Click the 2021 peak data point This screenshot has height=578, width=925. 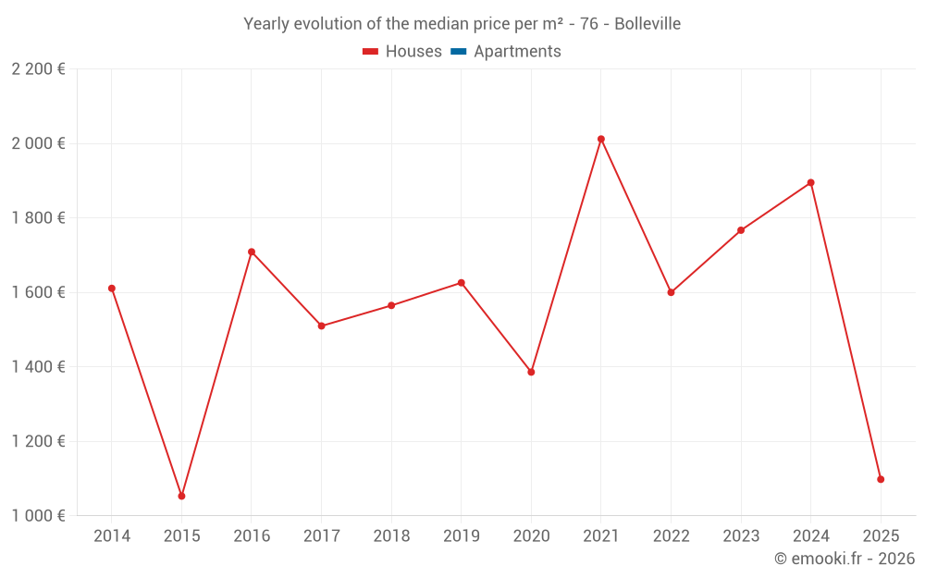click(601, 139)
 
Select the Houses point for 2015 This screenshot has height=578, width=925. click(181, 497)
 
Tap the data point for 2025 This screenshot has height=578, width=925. click(881, 479)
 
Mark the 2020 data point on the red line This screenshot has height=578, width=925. click(531, 372)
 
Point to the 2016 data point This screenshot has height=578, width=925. click(252, 252)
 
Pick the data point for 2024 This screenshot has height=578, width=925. click(811, 182)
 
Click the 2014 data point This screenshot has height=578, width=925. click(112, 289)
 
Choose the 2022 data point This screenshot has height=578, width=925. click(671, 292)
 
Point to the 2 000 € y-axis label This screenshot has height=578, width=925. click(38, 143)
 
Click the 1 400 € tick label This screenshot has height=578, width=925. click(38, 367)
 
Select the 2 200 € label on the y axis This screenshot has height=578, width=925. click(38, 69)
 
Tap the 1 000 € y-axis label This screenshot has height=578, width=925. click(38, 516)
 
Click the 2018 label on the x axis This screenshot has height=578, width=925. click(391, 536)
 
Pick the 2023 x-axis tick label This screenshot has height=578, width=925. click(741, 536)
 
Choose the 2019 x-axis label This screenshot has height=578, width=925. click(461, 536)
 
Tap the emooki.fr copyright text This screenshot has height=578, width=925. click(845, 559)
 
